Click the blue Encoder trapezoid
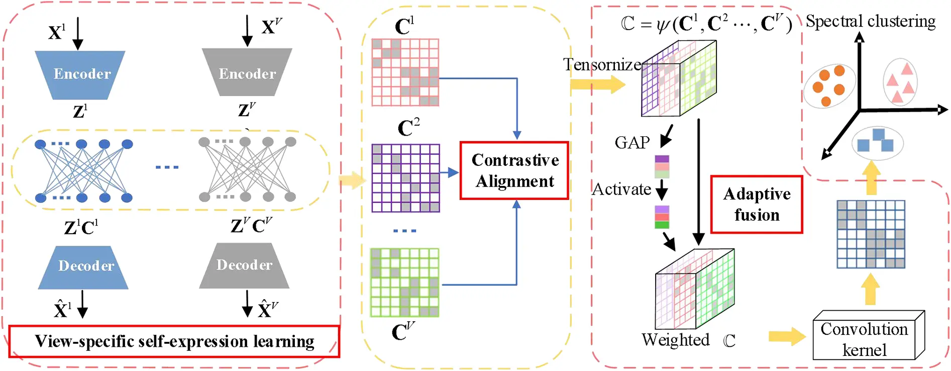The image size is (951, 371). (x=80, y=74)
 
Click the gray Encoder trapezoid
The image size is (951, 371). (x=247, y=73)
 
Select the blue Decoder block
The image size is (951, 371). (x=84, y=266)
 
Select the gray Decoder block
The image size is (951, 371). (x=244, y=265)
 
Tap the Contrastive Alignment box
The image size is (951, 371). (x=514, y=171)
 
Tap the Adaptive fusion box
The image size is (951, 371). (x=756, y=204)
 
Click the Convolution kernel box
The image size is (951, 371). (x=865, y=339)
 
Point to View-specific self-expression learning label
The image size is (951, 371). (x=174, y=341)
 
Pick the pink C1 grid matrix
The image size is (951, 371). (x=405, y=72)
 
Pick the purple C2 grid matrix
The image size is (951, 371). (x=405, y=178)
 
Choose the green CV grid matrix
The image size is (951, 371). (x=404, y=282)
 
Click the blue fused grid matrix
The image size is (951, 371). (x=870, y=234)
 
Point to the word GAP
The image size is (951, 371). (x=632, y=143)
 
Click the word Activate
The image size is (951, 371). (x=621, y=190)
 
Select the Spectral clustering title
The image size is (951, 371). (x=870, y=22)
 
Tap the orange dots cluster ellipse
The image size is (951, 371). (x=829, y=86)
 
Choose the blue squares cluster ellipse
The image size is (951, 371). (x=877, y=143)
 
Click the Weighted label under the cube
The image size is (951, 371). (x=675, y=340)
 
